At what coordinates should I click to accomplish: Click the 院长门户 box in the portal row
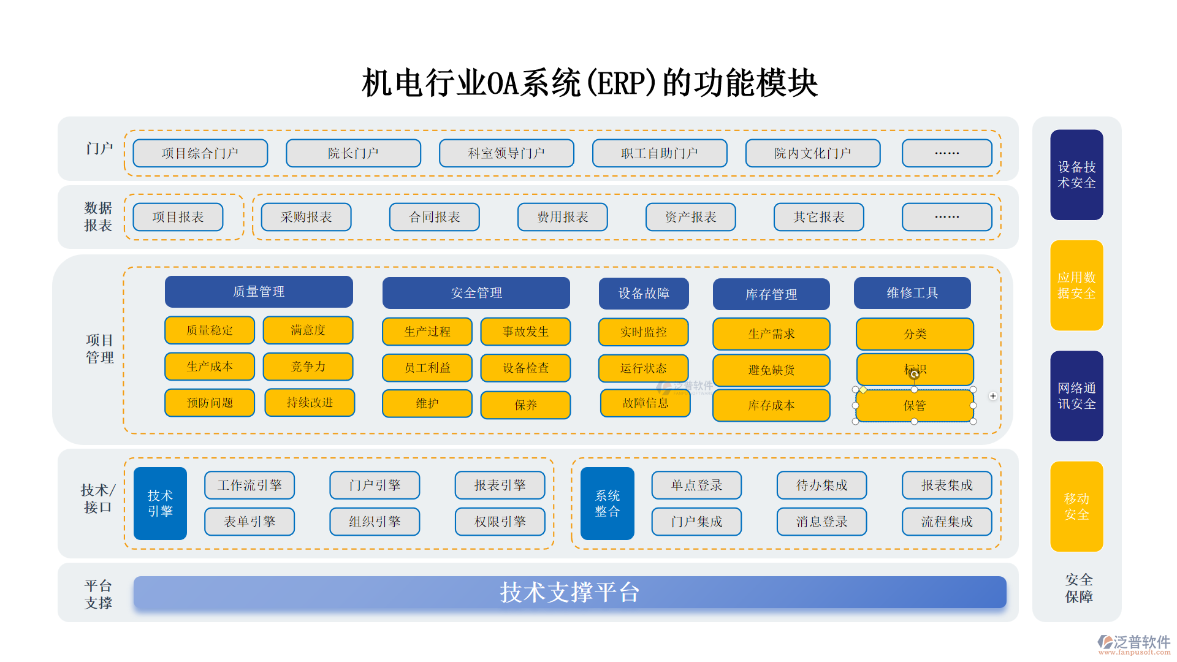(x=353, y=153)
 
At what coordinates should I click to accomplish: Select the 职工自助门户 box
(x=660, y=153)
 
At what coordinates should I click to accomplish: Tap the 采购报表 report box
(x=306, y=217)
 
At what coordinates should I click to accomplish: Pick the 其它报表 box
(x=818, y=217)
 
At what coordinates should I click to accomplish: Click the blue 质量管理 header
(x=259, y=292)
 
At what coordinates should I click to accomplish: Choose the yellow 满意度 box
(x=308, y=330)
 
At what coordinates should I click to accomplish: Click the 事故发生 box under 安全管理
(x=525, y=332)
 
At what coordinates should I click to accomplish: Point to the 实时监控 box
(x=643, y=332)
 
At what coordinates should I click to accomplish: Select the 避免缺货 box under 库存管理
(x=771, y=370)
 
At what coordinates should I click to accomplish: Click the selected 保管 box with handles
(x=914, y=406)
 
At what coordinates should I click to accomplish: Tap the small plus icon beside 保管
(x=992, y=396)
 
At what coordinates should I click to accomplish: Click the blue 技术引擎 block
(x=160, y=503)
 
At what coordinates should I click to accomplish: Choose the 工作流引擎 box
(x=249, y=485)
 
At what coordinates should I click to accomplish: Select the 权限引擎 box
(x=500, y=522)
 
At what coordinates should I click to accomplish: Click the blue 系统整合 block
(x=607, y=503)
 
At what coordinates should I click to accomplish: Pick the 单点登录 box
(x=696, y=485)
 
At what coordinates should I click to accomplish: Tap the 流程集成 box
(x=947, y=522)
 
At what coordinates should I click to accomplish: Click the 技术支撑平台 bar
(x=569, y=592)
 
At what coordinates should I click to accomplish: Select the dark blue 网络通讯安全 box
(x=1076, y=396)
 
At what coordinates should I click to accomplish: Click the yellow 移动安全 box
(x=1076, y=506)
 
